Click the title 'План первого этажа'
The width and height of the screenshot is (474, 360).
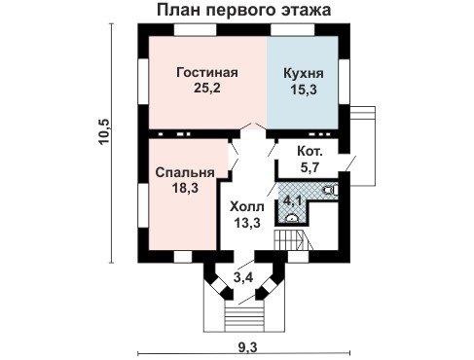pos(244,11)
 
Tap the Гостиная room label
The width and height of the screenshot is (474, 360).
pos(207,73)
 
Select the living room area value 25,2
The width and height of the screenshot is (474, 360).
pos(207,88)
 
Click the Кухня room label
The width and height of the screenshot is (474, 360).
pos(304,74)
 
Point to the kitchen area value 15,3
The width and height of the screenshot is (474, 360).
pos(304,90)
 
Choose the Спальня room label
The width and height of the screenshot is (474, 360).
pos(185,172)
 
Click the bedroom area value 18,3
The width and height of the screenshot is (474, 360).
pos(185,188)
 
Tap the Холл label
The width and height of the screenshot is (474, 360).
pos(247,207)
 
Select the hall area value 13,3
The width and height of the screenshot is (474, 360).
pos(247,223)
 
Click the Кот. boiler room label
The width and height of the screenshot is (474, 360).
pos(310,152)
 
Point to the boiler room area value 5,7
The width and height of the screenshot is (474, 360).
pos(310,167)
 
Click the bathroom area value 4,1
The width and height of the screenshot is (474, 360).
pos(293,200)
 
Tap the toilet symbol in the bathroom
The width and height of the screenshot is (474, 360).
pos(331,190)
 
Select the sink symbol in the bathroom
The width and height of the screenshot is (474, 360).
pos(292,218)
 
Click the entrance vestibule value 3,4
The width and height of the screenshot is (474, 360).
pos(243,277)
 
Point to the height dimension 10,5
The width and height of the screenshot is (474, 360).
pos(105,132)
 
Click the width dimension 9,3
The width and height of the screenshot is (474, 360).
pos(247,347)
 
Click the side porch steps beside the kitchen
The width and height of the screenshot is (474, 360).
pos(362,113)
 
